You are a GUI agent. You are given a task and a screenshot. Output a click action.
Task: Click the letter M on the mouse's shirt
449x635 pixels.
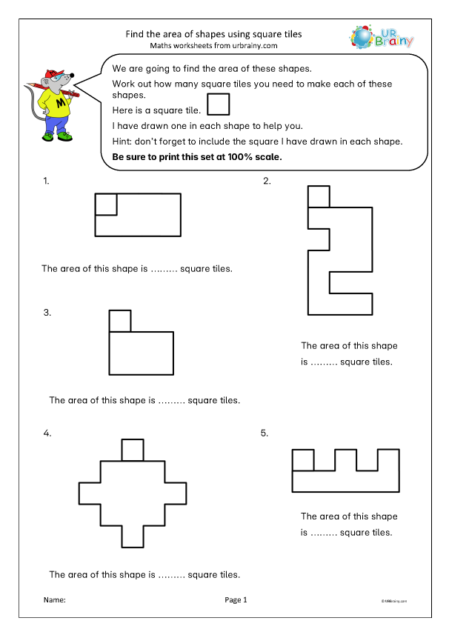tap(56, 102)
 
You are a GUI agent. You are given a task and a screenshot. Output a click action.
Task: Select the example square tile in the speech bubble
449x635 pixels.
tap(218, 104)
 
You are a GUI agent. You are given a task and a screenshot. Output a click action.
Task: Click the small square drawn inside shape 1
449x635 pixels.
tap(106, 205)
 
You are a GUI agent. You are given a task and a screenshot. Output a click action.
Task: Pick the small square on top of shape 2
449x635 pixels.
tap(319, 197)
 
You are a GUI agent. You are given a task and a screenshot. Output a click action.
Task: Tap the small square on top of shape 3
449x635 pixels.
tap(120, 321)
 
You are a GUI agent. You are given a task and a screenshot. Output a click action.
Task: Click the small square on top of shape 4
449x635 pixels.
tap(133, 450)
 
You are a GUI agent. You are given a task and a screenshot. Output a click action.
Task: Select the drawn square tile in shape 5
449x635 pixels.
tap(304, 460)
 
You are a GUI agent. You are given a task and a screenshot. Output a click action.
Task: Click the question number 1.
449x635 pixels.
tap(47, 181)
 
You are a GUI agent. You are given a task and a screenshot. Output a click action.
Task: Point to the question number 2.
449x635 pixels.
tap(267, 181)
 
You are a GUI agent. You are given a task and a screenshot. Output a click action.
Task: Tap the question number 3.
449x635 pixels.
tap(47, 313)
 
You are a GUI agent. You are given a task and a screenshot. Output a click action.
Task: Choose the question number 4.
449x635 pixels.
tap(47, 434)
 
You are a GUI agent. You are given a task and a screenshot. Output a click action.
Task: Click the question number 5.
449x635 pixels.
tap(265, 433)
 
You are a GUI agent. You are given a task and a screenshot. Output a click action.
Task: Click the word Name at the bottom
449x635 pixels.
tap(54, 600)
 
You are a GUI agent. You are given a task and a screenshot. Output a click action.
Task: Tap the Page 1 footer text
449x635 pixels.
tap(235, 600)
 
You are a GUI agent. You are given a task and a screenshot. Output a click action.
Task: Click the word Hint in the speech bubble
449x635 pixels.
tap(122, 142)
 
